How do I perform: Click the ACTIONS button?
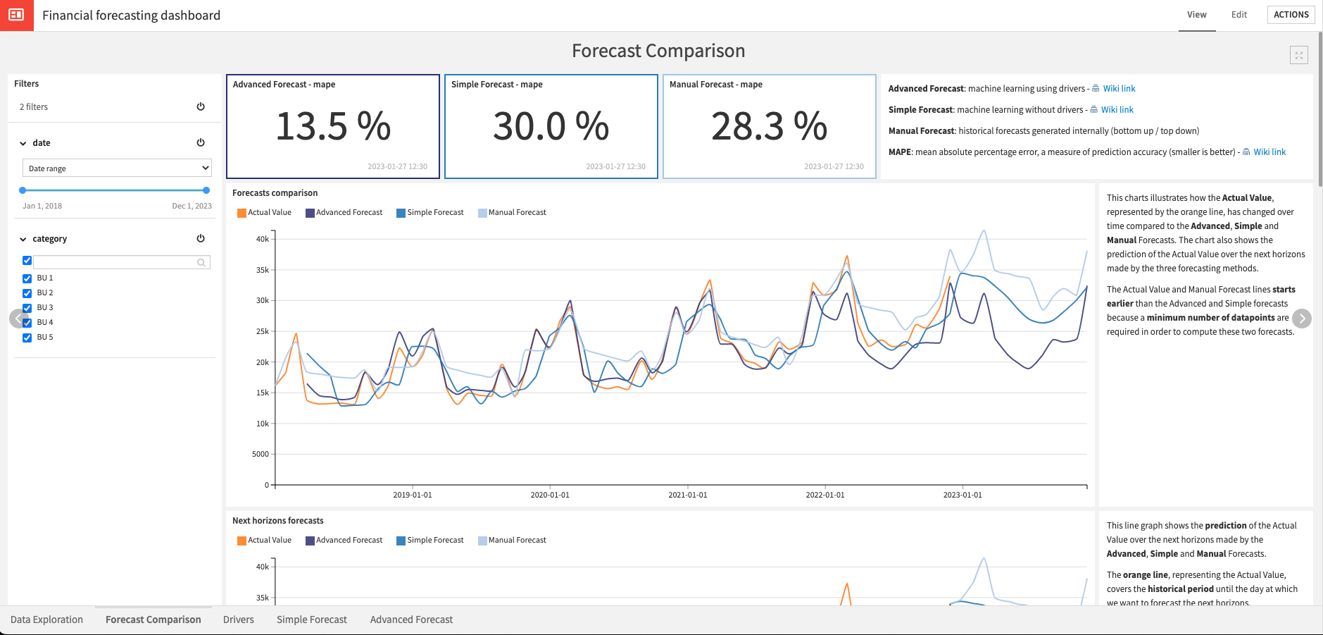pyautogui.click(x=1291, y=15)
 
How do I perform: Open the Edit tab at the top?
pyautogui.click(x=1239, y=15)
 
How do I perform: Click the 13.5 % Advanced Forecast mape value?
pyautogui.click(x=332, y=127)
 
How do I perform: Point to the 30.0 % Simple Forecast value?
pyautogui.click(x=551, y=127)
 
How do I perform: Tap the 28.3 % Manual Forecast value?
pyautogui.click(x=769, y=127)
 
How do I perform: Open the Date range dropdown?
pyautogui.click(x=117, y=168)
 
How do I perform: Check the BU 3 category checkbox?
pyautogui.click(x=27, y=308)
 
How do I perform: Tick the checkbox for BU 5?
pyautogui.click(x=27, y=338)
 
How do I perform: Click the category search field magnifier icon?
pyautogui.click(x=201, y=263)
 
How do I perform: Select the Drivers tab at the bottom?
pyautogui.click(x=238, y=619)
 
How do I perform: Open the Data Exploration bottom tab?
pyautogui.click(x=46, y=619)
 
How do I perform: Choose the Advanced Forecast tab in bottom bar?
pyautogui.click(x=411, y=619)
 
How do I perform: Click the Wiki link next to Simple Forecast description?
pyautogui.click(x=1117, y=110)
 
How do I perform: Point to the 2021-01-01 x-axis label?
pyautogui.click(x=687, y=495)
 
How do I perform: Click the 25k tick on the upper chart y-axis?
pyautogui.click(x=262, y=331)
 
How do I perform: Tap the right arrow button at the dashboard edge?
pyautogui.click(x=1302, y=319)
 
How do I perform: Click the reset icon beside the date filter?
pyautogui.click(x=201, y=142)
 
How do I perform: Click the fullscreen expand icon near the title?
pyautogui.click(x=1298, y=55)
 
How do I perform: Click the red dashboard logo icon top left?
pyautogui.click(x=16, y=15)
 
